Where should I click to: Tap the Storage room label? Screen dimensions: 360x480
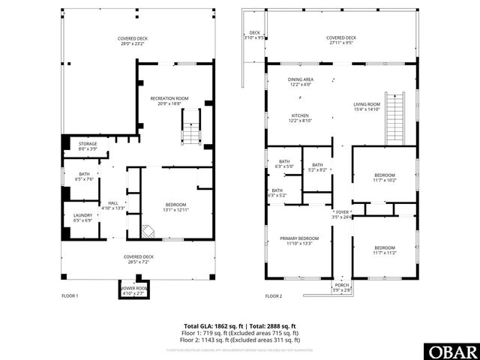click(88, 146)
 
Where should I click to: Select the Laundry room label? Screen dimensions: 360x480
click(83, 217)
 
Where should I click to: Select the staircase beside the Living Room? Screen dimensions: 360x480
click(394, 118)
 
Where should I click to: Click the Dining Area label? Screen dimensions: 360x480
click(301, 82)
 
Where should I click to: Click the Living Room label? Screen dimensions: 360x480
click(367, 106)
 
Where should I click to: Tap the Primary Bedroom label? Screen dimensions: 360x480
click(299, 241)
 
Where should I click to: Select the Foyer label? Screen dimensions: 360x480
click(342, 215)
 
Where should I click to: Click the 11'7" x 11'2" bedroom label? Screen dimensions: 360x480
click(385, 250)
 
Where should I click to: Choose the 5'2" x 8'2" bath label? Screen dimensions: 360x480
click(317, 168)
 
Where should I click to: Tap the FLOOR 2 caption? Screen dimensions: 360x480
click(274, 296)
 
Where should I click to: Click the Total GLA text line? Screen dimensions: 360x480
click(240, 325)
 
